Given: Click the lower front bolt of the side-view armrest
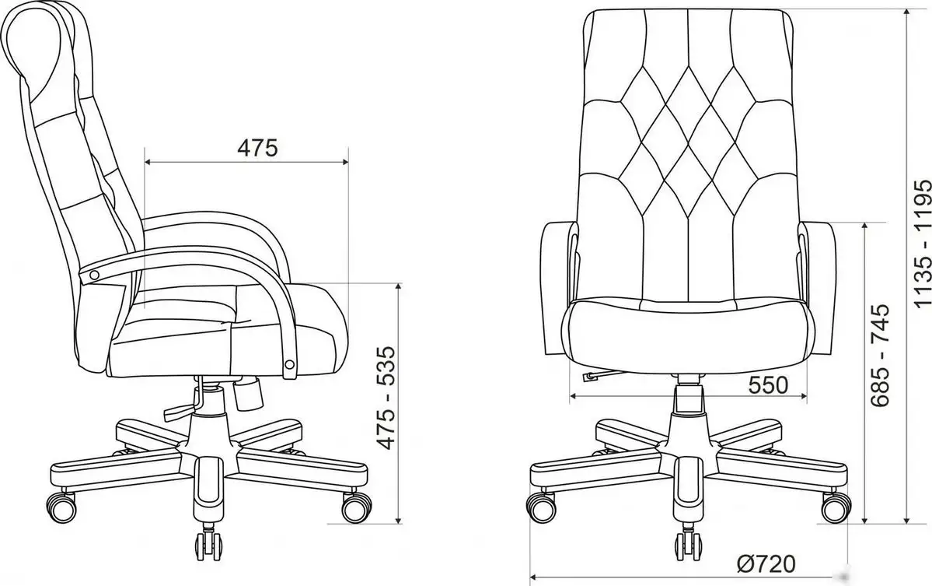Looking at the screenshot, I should tap(290, 363).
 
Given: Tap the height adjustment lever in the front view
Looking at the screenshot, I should tap(592, 376).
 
